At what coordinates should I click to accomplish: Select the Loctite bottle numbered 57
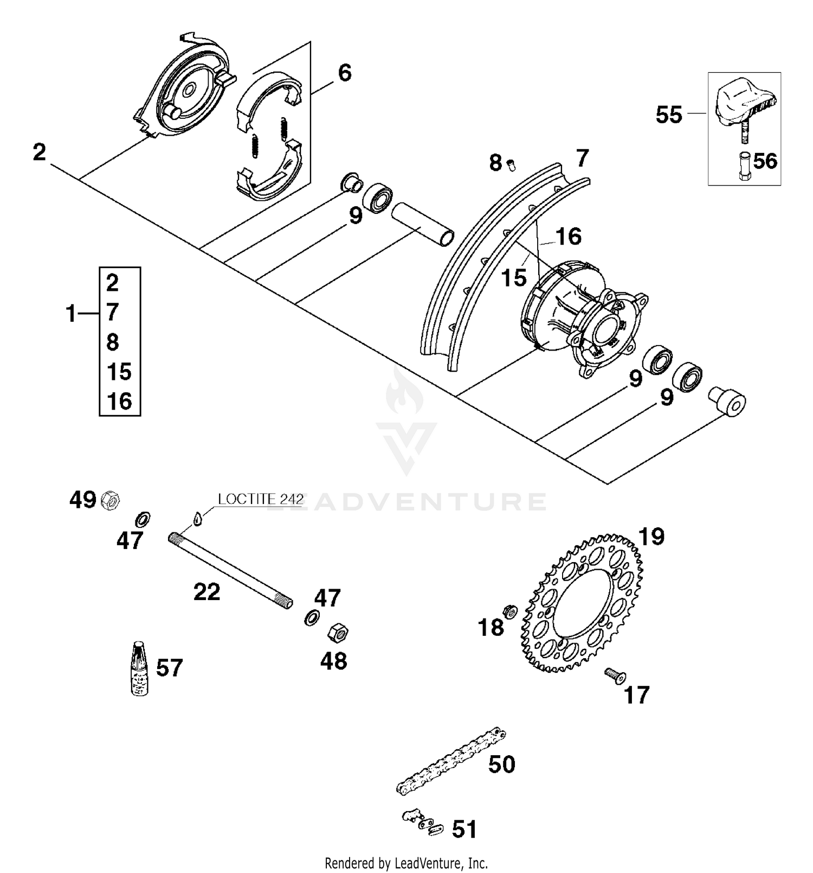pos(140,668)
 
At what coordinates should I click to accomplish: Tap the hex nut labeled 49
pos(110,500)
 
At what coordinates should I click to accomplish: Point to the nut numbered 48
pos(338,633)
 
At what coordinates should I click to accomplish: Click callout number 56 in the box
pos(765,161)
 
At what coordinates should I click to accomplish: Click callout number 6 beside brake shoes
pos(345,73)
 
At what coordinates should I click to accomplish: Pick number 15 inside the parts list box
pos(119,372)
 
